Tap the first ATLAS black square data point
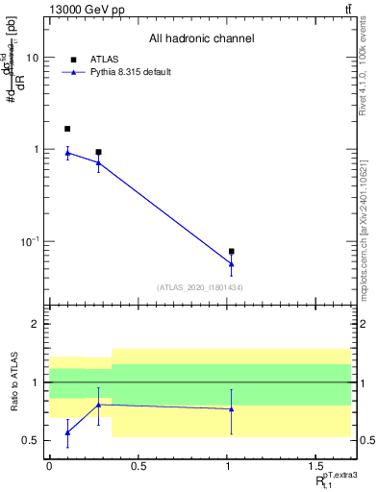click(67, 129)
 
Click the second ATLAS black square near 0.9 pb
click(98, 152)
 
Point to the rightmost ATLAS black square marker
click(232, 252)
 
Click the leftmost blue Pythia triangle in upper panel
click(67, 152)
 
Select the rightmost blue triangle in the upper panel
click(232, 264)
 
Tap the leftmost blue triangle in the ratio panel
click(67, 432)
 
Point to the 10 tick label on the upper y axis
click(32, 58)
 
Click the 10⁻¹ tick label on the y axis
click(28, 241)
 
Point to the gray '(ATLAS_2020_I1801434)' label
click(200, 287)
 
